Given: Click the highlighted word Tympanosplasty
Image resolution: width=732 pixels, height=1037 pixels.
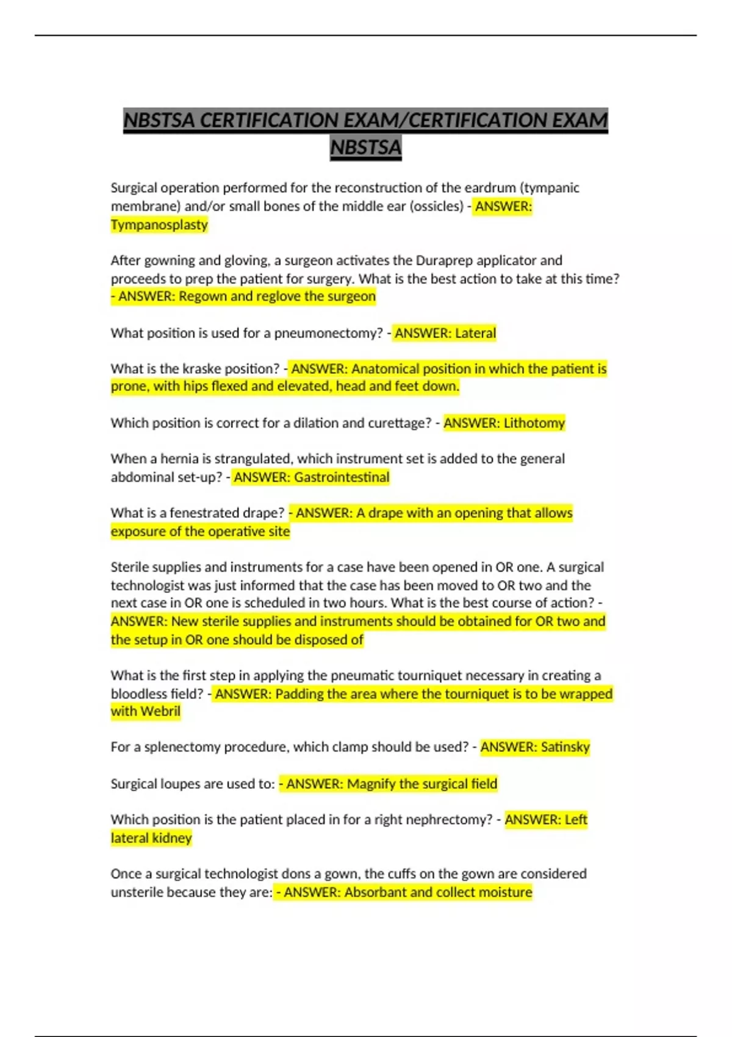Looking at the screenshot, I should pos(159,225).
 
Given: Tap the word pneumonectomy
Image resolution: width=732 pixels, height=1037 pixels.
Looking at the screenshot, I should pos(328,333).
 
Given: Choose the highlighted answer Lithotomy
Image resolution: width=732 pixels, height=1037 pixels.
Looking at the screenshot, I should pos(534,423).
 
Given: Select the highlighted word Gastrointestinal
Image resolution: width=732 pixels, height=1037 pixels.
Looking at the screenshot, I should pos(342,477).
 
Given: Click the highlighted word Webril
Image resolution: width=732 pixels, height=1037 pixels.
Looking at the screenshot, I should pos(160,711).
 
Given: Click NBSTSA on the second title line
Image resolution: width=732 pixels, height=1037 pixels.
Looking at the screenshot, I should pos(366,148).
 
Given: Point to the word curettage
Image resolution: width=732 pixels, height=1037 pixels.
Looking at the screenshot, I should pos(398,423).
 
